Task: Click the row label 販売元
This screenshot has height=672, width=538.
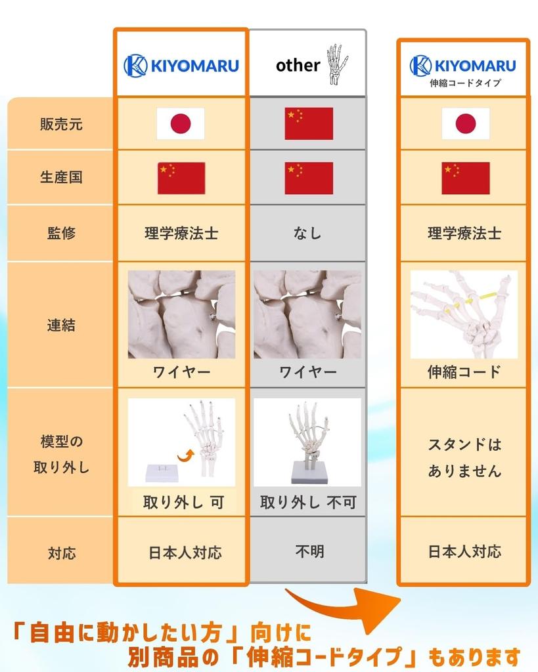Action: pos(61,124)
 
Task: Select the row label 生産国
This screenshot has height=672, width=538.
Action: pos(61,177)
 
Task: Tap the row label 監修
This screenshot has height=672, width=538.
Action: pos(61,233)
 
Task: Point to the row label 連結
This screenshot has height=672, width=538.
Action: pos(61,325)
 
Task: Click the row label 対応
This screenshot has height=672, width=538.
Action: pos(61,553)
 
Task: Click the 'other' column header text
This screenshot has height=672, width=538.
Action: pos(298,65)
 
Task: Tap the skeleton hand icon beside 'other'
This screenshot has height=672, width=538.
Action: pos(336,64)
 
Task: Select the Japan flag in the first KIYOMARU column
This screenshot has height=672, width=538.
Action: pos(181,123)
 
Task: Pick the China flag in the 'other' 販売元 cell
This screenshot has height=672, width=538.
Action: pos(309,123)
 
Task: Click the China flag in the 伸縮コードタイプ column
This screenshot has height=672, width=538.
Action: pos(465,178)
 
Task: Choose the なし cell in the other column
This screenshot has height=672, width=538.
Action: pos(307,233)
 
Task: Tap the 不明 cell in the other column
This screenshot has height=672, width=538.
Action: pos(308,551)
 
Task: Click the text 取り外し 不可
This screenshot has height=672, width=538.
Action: pos(308,503)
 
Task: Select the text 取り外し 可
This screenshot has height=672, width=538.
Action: pos(183,503)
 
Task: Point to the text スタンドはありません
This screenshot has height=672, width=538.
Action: pos(464,457)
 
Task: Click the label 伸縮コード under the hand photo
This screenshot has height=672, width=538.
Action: pos(464,372)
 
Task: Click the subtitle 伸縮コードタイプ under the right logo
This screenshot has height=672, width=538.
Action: pos(465,83)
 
